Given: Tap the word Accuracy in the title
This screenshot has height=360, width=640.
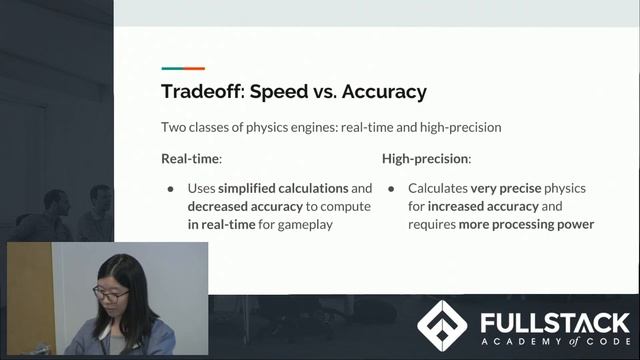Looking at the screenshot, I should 384,92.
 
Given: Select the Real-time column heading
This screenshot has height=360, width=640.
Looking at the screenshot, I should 191,159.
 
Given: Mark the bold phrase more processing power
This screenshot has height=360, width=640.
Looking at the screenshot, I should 527,224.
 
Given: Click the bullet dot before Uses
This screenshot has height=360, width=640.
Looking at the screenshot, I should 170,188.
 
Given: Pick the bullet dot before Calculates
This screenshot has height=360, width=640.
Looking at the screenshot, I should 391,188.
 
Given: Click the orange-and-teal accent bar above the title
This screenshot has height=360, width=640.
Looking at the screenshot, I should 183,69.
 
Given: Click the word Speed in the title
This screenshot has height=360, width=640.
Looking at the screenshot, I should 278,92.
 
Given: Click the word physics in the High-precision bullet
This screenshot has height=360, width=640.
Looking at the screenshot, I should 565,188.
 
